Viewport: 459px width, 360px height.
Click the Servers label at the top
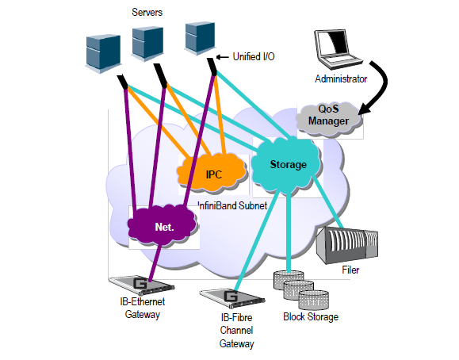[x=147, y=13]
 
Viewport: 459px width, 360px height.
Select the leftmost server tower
[x=103, y=54]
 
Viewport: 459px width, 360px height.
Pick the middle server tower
[x=147, y=44]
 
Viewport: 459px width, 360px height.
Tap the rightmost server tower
[x=201, y=38]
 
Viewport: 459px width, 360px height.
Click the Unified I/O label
[x=254, y=56]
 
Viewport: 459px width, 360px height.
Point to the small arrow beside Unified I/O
[x=222, y=57]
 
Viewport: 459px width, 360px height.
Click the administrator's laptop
[x=338, y=48]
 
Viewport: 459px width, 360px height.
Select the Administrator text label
[x=341, y=79]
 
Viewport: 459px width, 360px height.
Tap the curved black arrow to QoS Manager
[x=378, y=88]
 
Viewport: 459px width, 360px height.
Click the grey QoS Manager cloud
[x=329, y=119]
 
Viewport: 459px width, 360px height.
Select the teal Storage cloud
[x=286, y=165]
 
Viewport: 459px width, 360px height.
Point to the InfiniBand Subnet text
[x=233, y=205]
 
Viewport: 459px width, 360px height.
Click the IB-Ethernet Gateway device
[x=141, y=285]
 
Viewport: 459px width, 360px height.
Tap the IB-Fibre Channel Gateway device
[x=232, y=297]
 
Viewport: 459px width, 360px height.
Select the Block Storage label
[x=311, y=316]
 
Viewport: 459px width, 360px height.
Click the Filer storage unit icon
[x=347, y=245]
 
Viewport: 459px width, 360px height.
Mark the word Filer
[x=350, y=270]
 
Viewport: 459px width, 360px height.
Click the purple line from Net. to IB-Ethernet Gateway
[x=155, y=262]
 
